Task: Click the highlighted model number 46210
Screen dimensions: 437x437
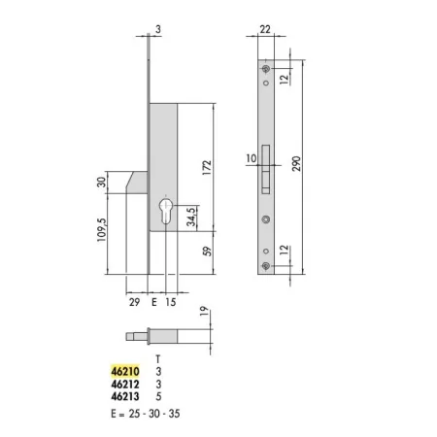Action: (125, 371)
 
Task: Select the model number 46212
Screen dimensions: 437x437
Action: (125, 385)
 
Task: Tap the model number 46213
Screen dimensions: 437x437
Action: (125, 396)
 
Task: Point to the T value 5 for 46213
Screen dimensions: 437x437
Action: (158, 396)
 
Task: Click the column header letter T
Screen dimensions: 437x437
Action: (158, 359)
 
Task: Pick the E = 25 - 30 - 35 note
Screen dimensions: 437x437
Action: (146, 414)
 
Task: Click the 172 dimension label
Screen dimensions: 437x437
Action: (207, 168)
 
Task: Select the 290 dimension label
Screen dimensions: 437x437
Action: (296, 164)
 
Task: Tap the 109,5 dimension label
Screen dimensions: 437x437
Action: (102, 229)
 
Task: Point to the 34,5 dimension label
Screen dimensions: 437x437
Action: (191, 217)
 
